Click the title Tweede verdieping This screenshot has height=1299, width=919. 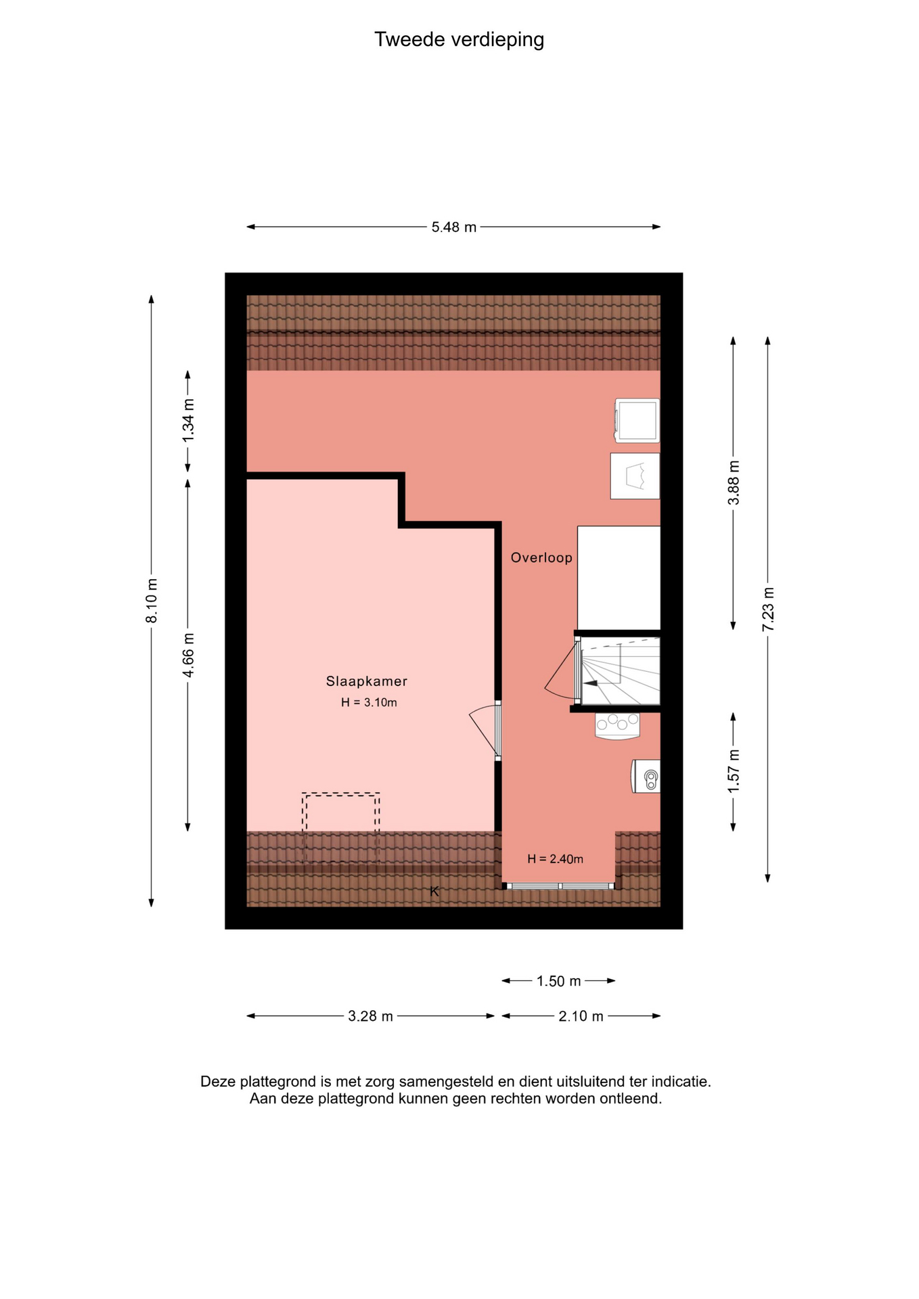459,40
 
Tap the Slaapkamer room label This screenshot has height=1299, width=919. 367,681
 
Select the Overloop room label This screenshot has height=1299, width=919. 541,557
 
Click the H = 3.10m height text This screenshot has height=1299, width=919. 369,702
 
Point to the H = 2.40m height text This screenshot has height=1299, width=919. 555,859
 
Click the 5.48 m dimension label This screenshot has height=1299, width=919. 454,227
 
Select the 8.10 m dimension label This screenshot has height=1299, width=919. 152,601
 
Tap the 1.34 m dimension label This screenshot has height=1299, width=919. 188,421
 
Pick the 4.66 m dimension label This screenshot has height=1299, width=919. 188,655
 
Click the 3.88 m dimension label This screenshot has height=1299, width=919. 734,482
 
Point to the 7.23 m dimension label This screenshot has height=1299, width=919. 768,609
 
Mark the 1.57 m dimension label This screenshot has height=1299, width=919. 734,772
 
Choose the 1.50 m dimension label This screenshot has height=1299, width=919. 559,981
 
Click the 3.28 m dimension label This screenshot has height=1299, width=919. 370,1016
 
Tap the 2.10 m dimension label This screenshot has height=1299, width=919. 581,1016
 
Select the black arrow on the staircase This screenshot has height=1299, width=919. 590,684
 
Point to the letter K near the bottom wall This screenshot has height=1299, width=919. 434,892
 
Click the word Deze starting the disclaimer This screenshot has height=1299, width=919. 217,1082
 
